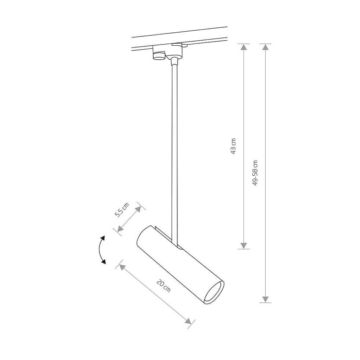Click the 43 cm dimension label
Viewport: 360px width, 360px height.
pyautogui.click(x=233, y=146)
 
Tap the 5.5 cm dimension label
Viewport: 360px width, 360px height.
pyautogui.click(x=122, y=210)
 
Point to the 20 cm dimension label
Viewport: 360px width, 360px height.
pyautogui.click(x=163, y=285)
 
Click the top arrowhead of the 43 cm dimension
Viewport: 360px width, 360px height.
pyautogui.click(x=244, y=47)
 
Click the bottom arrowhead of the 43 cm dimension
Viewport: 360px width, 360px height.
pyautogui.click(x=244, y=246)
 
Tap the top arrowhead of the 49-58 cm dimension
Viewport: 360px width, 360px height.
pyautogui.click(x=265, y=47)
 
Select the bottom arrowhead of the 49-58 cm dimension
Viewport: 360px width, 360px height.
pyautogui.click(x=265, y=300)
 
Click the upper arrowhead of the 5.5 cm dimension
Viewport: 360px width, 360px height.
pyautogui.click(x=139, y=209)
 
